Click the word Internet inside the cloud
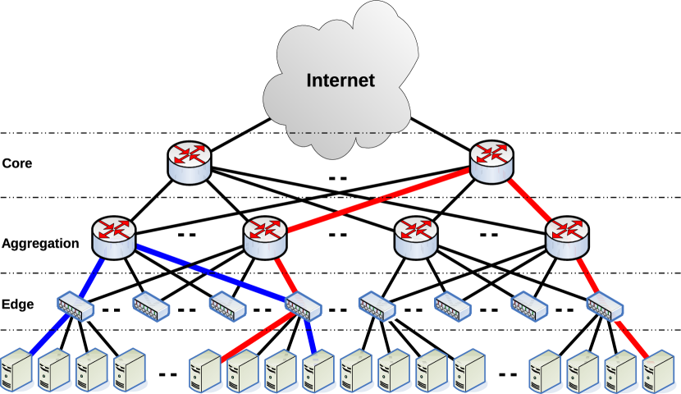(340, 80)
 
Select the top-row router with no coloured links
(190, 163)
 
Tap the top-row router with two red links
(491, 161)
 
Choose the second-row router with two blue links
(114, 237)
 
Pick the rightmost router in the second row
(567, 237)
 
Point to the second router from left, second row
(265, 237)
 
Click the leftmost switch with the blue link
(76, 306)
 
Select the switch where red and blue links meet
(303, 305)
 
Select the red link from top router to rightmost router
(529, 199)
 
